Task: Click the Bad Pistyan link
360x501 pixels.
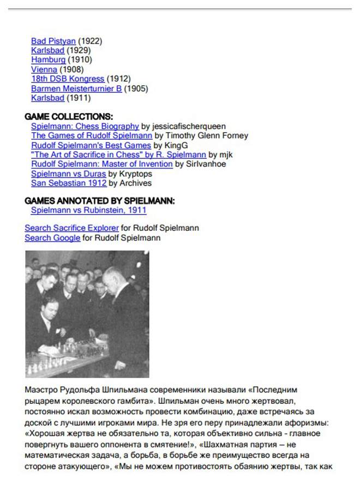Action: pos(53,41)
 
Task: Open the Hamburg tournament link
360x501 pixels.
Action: pos(48,60)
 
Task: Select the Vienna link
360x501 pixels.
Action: pos(44,70)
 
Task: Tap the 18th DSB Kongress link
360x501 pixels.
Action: pos(68,79)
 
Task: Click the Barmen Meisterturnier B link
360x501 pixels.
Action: pos(76,89)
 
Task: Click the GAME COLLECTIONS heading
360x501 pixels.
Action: pos(69,116)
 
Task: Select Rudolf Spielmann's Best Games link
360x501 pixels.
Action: pos(91,146)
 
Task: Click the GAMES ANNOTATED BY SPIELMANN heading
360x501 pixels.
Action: pos(100,201)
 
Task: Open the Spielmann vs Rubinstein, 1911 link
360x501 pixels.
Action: pos(88,210)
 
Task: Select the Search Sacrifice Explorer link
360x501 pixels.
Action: pos(71,228)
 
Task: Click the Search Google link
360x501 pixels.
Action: pos(52,238)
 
